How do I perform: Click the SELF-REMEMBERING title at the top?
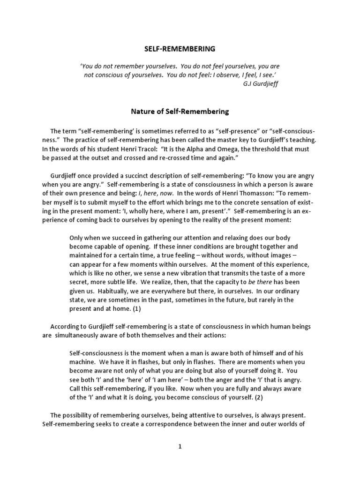click(x=179, y=48)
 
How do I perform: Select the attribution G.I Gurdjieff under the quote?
click(x=262, y=84)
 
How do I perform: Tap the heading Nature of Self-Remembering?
click(x=179, y=112)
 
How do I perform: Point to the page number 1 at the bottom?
click(x=180, y=447)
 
